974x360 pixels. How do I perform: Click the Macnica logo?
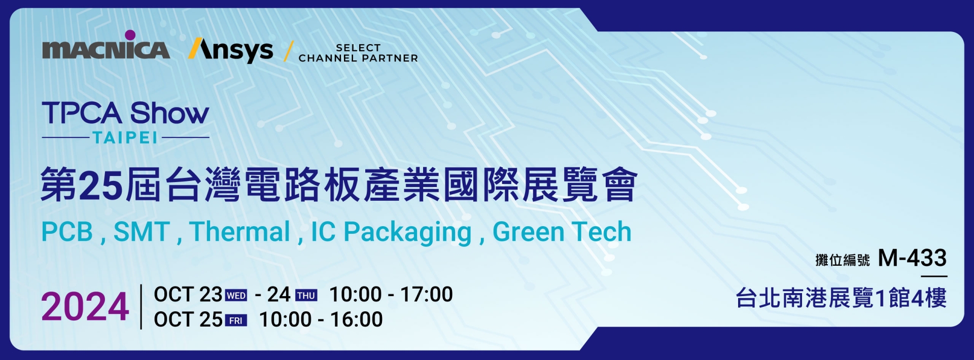[106, 49]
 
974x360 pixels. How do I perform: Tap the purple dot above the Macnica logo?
[130, 35]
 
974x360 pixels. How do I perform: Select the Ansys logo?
[231, 50]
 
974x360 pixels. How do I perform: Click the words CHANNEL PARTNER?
[358, 58]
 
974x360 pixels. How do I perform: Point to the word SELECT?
[358, 48]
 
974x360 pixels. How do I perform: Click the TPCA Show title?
[125, 113]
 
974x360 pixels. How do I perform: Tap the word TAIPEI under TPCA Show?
[125, 137]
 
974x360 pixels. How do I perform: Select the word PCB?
[67, 232]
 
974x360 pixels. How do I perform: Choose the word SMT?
[142, 232]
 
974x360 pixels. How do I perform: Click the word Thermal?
[240, 232]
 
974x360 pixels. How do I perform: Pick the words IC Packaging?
[391, 232]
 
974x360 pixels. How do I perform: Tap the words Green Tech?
[562, 232]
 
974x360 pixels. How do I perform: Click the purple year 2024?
[85, 307]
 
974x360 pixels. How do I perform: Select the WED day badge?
[236, 296]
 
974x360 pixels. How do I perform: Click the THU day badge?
[306, 296]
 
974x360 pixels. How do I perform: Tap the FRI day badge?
[236, 320]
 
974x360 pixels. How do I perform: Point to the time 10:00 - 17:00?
[391, 295]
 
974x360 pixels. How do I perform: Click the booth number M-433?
[912, 258]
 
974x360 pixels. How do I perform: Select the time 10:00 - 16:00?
[321, 319]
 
